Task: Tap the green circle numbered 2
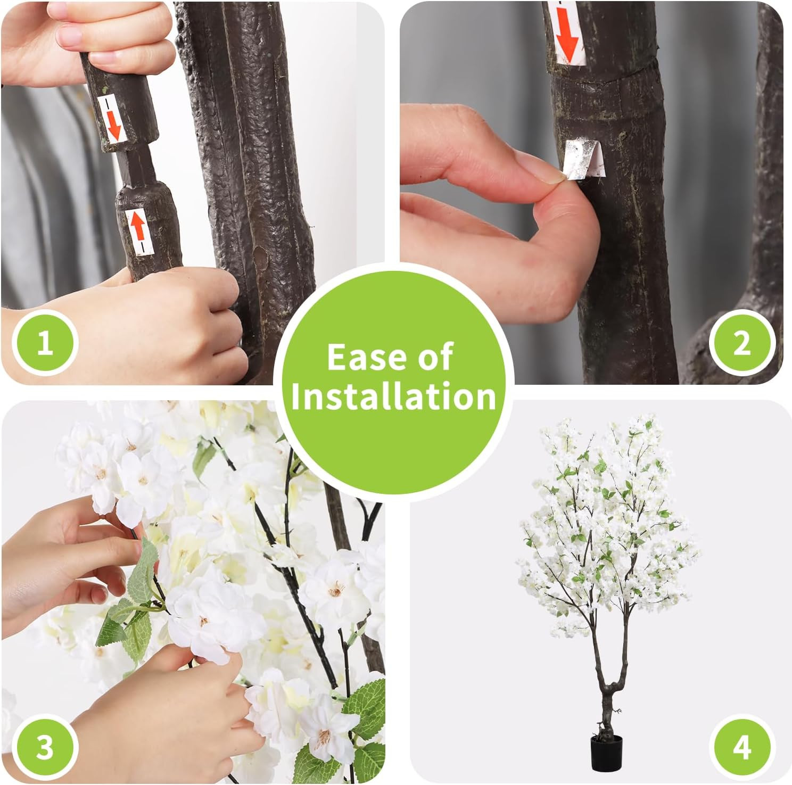741,343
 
